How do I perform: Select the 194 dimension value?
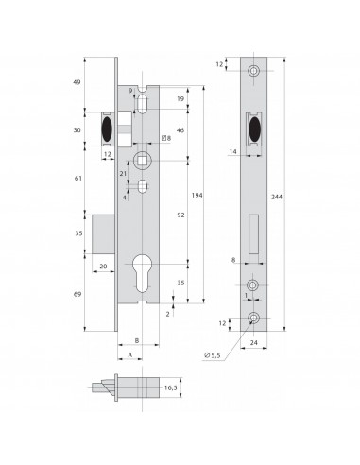(x=197, y=193)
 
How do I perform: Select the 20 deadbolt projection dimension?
(x=101, y=267)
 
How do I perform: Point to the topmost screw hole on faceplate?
(x=253, y=72)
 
